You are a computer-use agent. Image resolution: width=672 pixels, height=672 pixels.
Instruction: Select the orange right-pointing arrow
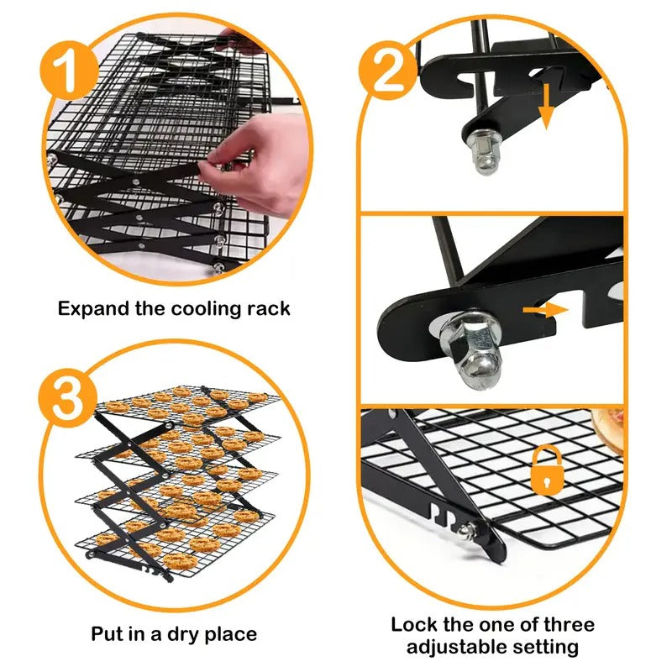(x=543, y=311)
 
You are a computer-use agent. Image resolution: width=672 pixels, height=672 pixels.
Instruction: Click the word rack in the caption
(x=269, y=308)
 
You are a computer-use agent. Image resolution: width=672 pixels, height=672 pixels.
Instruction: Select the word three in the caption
(x=566, y=624)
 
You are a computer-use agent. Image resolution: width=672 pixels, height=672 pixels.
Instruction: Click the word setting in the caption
(x=548, y=647)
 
